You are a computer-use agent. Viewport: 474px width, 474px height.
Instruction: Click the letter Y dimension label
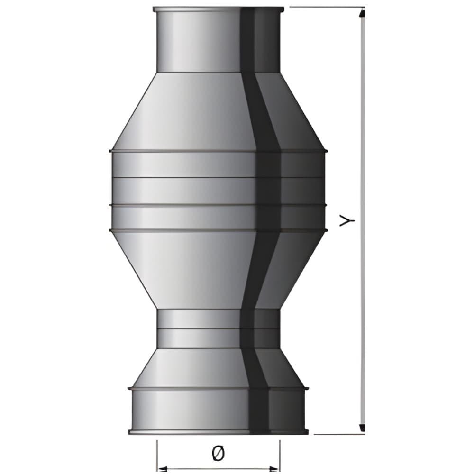pos(347,221)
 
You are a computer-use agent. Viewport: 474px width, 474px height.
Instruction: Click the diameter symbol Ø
pos(218,454)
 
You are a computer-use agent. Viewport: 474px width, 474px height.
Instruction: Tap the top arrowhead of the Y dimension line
pos(363,14)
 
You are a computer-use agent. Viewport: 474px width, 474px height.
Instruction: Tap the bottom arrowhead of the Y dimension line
pos(363,428)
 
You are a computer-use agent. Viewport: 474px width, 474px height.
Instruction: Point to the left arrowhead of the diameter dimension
pos(163,469)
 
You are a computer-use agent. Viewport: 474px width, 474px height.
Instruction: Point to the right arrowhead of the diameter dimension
pos(274,469)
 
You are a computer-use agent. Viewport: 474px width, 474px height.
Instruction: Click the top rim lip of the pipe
pos(218,9)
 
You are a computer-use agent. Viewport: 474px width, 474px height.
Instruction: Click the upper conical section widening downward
pos(218,111)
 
